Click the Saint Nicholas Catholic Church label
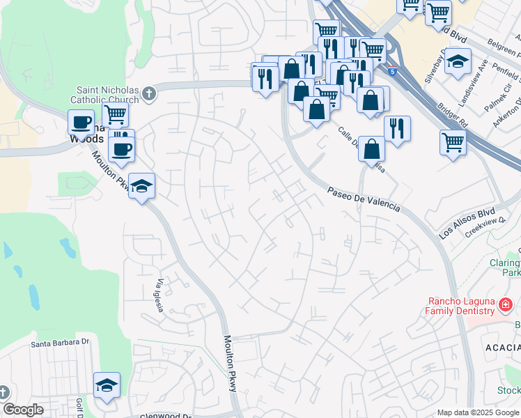click(x=107, y=94)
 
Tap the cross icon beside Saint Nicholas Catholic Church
click(x=149, y=93)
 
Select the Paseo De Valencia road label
click(x=364, y=199)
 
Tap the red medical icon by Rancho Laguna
click(x=506, y=304)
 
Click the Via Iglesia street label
click(x=160, y=295)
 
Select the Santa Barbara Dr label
click(x=60, y=343)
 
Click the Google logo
click(x=23, y=410)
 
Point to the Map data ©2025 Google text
click(x=478, y=412)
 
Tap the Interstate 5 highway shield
click(x=394, y=71)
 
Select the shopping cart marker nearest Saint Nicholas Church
click(x=115, y=114)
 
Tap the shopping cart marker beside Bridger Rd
click(x=453, y=142)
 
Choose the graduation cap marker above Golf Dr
click(x=107, y=385)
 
